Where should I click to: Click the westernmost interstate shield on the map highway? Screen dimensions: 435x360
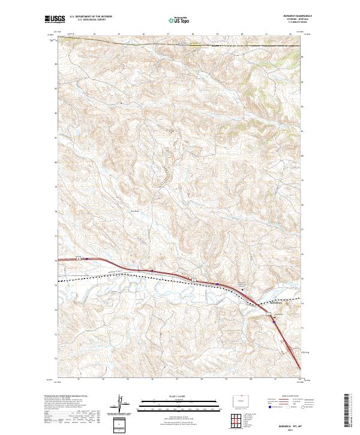click(78, 258)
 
